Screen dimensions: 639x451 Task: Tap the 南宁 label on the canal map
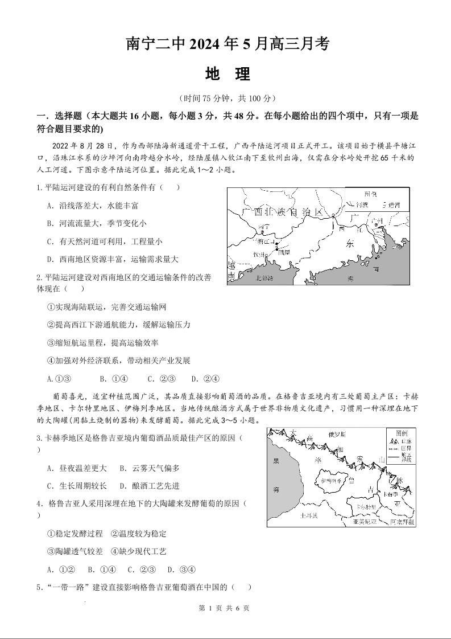(262, 227)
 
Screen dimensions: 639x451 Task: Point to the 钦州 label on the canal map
(259, 255)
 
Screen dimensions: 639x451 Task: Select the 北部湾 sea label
(264, 278)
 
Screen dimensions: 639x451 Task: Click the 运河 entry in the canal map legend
(392, 204)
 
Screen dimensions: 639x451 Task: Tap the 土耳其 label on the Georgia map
(309, 515)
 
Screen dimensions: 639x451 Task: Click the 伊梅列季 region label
(331, 481)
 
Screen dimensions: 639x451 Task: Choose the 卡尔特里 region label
(363, 506)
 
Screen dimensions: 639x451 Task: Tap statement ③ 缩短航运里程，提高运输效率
(103, 343)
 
